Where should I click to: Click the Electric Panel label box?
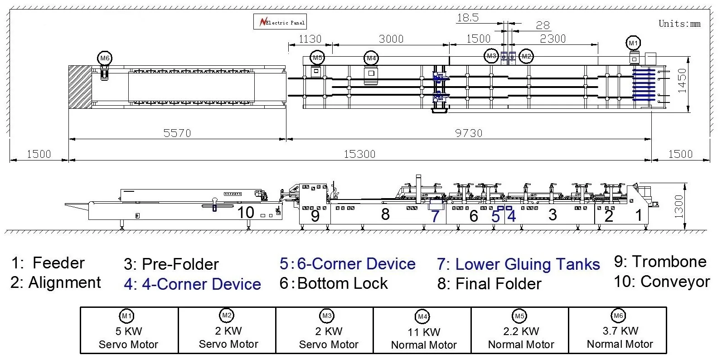tap(280, 21)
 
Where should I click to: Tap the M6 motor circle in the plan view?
tap(105, 58)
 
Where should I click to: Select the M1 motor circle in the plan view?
tap(633, 43)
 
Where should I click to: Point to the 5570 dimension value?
tap(177, 133)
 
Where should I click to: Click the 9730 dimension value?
tap(469, 133)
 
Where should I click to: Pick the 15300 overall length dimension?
tap(359, 154)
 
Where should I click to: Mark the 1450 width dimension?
tap(682, 81)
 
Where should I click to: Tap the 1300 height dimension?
tap(679, 206)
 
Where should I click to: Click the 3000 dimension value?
tap(391, 39)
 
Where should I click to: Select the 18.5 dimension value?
tap(468, 18)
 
